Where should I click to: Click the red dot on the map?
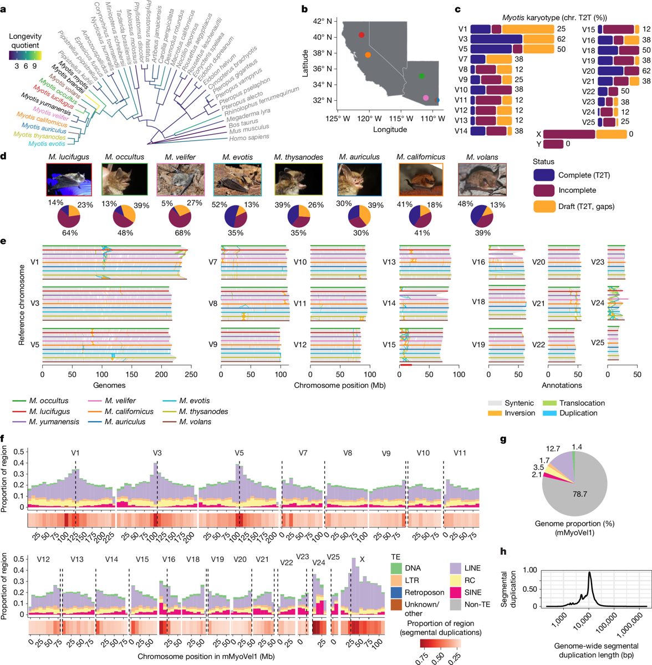tap(361, 35)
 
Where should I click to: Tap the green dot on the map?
tap(421, 76)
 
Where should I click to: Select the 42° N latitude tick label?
tap(322, 22)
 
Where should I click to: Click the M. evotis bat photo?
tap(237, 180)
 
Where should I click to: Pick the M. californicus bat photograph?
tap(421, 180)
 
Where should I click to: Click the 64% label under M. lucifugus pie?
tap(70, 233)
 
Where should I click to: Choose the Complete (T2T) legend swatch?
tap(544, 175)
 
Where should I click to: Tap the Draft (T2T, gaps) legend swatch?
tap(544, 206)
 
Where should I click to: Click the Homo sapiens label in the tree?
tap(249, 137)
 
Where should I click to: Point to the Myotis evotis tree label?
tap(47, 144)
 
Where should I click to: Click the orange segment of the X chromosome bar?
tap(611, 134)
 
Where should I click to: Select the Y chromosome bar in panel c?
tap(553, 144)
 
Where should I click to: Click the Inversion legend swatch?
tap(495, 413)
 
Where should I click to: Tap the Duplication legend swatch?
tap(549, 413)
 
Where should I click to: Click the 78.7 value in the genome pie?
tap(579, 494)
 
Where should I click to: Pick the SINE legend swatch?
tap(456, 592)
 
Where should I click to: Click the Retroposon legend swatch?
tap(396, 592)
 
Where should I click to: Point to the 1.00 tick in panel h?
tap(530, 570)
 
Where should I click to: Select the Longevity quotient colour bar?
tap(25, 55)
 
